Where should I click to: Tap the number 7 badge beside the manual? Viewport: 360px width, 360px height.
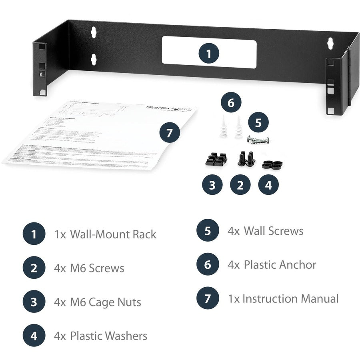(170, 132)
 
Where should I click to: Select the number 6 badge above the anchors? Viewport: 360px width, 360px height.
(230, 103)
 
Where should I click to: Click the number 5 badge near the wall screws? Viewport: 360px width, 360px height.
(258, 122)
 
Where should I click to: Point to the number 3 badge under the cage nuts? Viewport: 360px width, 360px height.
(212, 185)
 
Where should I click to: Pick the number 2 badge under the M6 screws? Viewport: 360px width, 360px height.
(240, 185)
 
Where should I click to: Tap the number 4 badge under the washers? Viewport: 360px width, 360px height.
(268, 185)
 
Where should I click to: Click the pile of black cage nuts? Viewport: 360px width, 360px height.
(216, 159)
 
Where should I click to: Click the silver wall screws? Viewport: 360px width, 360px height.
(258, 140)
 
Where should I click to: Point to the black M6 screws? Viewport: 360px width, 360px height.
(246, 158)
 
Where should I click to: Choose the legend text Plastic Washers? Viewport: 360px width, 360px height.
(108, 336)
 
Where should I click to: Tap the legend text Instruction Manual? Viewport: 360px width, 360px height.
(290, 298)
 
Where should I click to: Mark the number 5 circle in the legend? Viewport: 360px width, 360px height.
(208, 231)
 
